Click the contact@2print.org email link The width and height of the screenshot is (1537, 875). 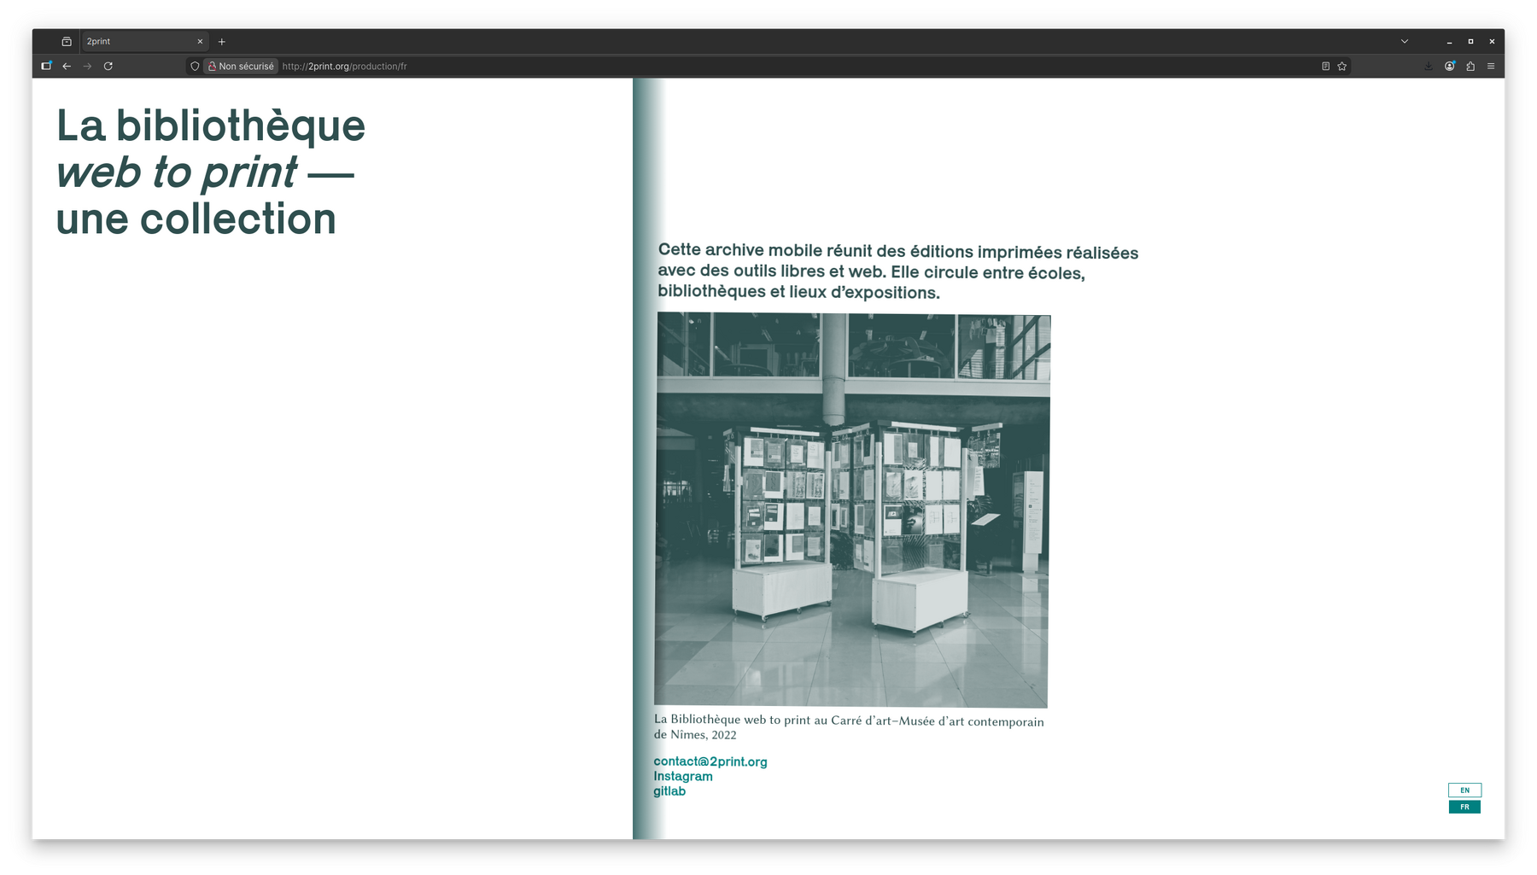[x=710, y=761]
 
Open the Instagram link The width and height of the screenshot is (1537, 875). [x=683, y=776]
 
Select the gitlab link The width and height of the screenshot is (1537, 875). [x=669, y=791]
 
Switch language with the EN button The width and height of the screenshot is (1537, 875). [x=1464, y=790]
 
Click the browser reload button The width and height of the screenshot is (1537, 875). [x=108, y=66]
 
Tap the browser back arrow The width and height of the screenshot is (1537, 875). [x=67, y=66]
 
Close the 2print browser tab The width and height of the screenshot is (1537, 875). [x=200, y=41]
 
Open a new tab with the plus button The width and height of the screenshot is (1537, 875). [x=222, y=41]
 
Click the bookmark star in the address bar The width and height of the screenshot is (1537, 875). [x=1342, y=66]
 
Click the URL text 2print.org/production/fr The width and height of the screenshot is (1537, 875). [x=344, y=66]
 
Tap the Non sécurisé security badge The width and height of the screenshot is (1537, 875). [x=241, y=66]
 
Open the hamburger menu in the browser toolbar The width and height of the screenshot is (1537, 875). [x=1491, y=66]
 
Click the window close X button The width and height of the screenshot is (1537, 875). [x=1492, y=41]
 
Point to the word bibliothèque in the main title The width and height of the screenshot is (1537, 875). [x=241, y=125]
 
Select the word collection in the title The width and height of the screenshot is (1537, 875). [x=238, y=219]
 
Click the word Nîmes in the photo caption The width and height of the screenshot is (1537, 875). [x=688, y=734]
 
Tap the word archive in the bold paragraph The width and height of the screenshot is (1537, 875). [x=733, y=250]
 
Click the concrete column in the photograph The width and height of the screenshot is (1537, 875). [x=833, y=368]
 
